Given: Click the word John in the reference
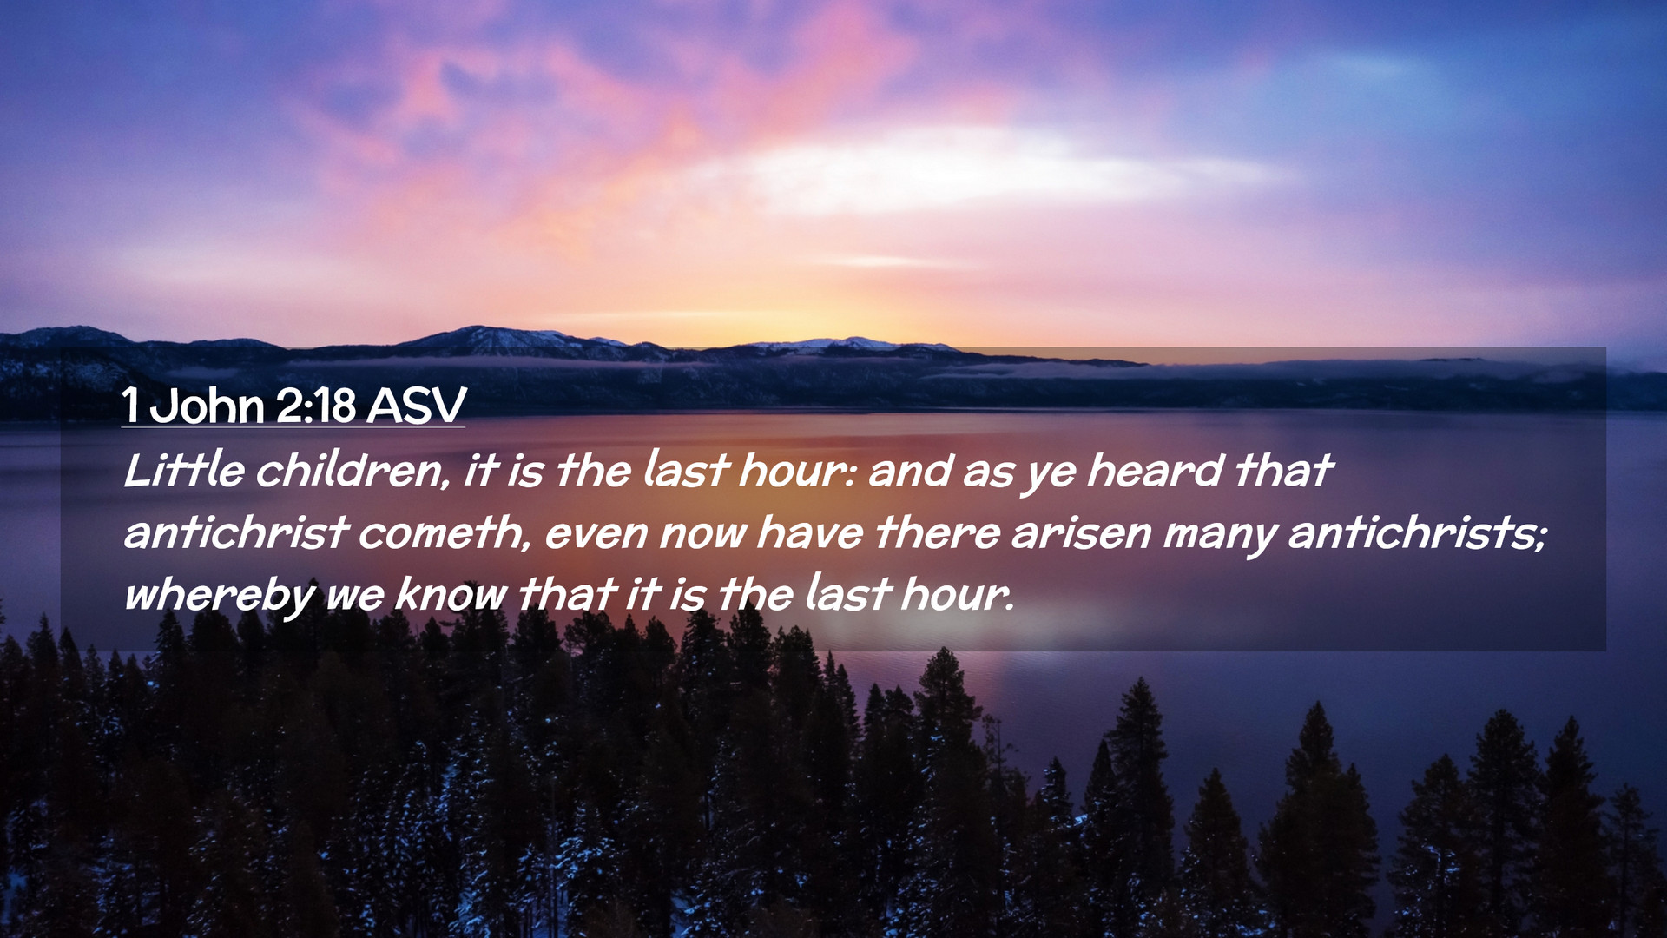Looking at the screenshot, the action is (x=207, y=406).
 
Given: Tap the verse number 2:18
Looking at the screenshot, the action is (x=316, y=406).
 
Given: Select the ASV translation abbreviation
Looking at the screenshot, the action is (x=417, y=406).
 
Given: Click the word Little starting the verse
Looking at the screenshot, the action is (x=184, y=471).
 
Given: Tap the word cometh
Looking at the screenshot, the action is (x=444, y=532).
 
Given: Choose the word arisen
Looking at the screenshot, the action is (x=1082, y=532).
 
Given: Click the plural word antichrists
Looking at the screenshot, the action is (x=1417, y=532).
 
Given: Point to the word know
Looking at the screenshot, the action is (x=451, y=595).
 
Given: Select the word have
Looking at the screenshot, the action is (x=810, y=532).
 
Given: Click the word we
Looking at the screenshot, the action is (x=355, y=597).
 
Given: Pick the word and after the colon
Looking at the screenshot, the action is (x=910, y=471).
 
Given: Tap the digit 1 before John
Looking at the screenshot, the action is (x=130, y=406).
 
